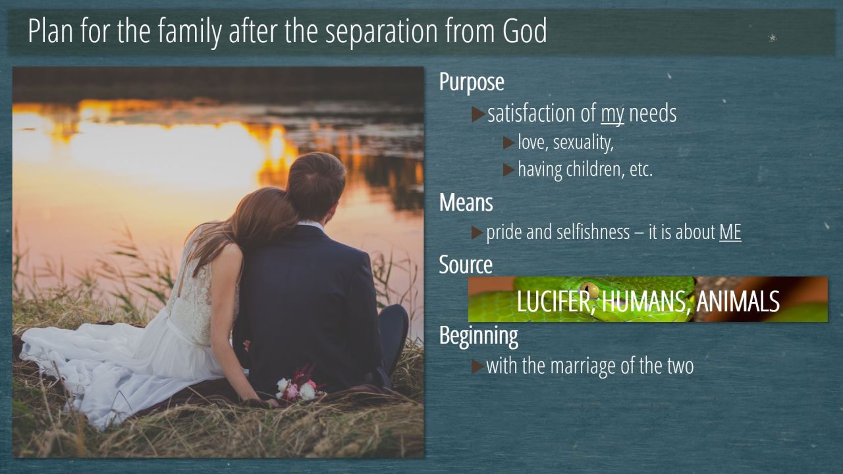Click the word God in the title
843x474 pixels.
tap(525, 31)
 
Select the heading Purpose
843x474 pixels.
tap(472, 82)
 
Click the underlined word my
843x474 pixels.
tap(612, 114)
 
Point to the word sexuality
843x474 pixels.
tap(584, 143)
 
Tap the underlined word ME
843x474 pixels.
tap(730, 232)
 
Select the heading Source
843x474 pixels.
tap(466, 265)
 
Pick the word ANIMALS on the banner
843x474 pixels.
tap(738, 301)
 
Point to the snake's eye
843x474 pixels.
tap(589, 290)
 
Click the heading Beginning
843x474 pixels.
tap(478, 335)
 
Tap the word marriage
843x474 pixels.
tap(584, 367)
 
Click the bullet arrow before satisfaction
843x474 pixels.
tap(478, 115)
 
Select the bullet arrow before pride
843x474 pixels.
tap(477, 232)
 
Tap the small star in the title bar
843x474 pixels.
tap(773, 38)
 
